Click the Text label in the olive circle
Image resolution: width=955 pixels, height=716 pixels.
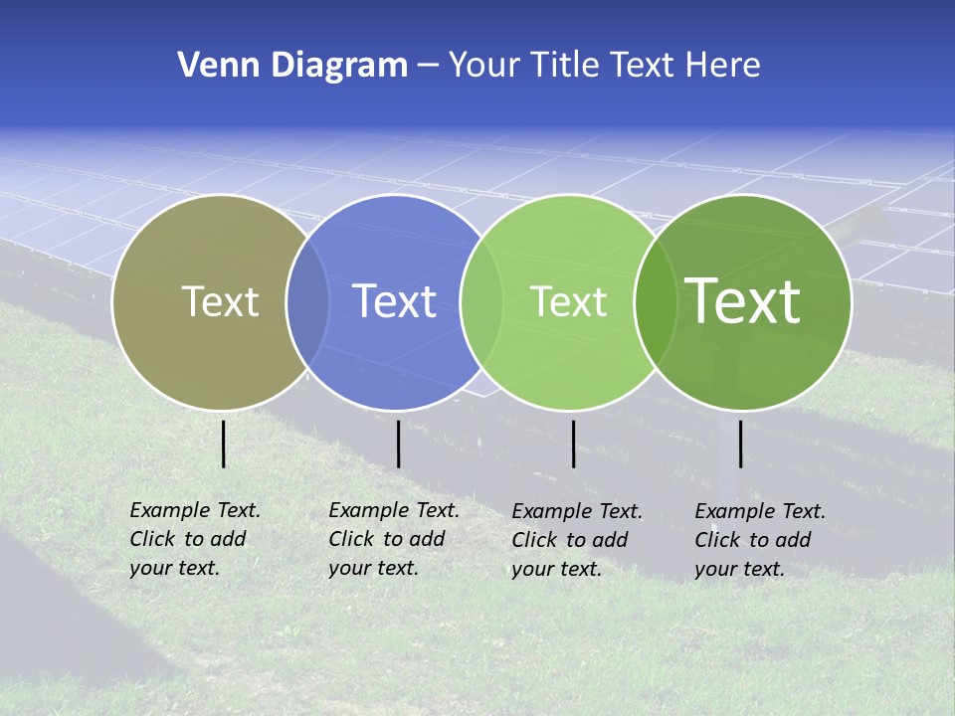click(x=220, y=301)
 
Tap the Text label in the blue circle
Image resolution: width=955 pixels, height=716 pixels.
click(x=394, y=301)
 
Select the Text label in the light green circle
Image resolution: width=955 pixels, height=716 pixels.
click(x=568, y=301)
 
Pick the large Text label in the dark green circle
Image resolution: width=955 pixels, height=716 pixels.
click(x=743, y=301)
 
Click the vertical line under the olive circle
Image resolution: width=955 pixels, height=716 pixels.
click(x=224, y=444)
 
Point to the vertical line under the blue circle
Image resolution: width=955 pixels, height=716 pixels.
click(x=398, y=444)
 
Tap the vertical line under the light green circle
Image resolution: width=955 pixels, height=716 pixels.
click(x=573, y=444)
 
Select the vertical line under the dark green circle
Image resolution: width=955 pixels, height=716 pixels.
click(x=740, y=444)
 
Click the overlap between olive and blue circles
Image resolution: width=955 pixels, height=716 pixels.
click(x=307, y=301)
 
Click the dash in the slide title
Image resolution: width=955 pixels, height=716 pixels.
click(x=428, y=67)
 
